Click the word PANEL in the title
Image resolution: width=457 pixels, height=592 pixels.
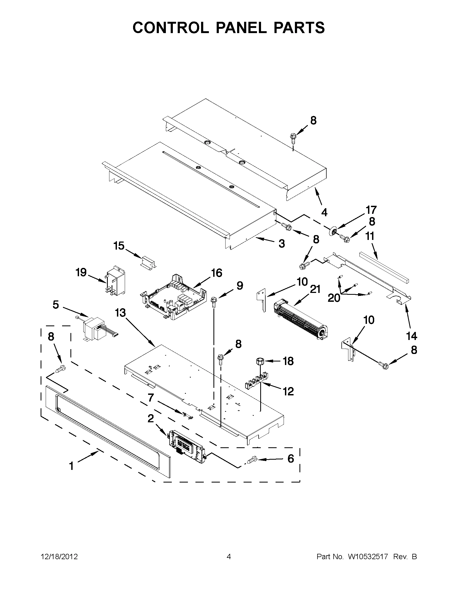[241, 28]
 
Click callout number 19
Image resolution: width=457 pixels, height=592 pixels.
[81, 272]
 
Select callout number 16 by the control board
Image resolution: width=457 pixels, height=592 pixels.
[217, 273]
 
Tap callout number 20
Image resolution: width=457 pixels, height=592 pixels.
[334, 298]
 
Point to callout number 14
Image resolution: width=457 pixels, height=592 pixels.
[411, 336]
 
